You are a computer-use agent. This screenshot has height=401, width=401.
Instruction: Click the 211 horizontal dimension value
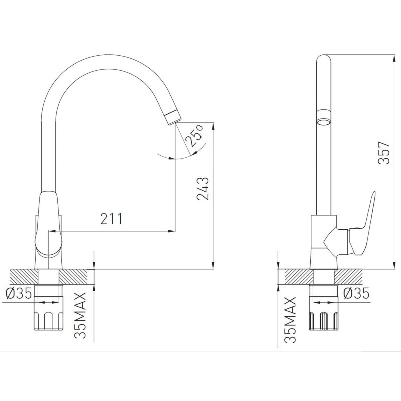pos(111,219)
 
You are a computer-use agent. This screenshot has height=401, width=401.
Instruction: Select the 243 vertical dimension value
pos(203,188)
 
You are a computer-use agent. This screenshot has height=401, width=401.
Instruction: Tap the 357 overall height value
pos(384,153)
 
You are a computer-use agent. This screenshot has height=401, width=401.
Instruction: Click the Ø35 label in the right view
pos(356,293)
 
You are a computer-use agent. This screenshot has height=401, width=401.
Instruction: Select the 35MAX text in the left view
pos(80,316)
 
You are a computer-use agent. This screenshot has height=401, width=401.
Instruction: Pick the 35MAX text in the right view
pos(290,320)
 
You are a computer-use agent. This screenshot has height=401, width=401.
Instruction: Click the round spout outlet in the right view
pos(323,122)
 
